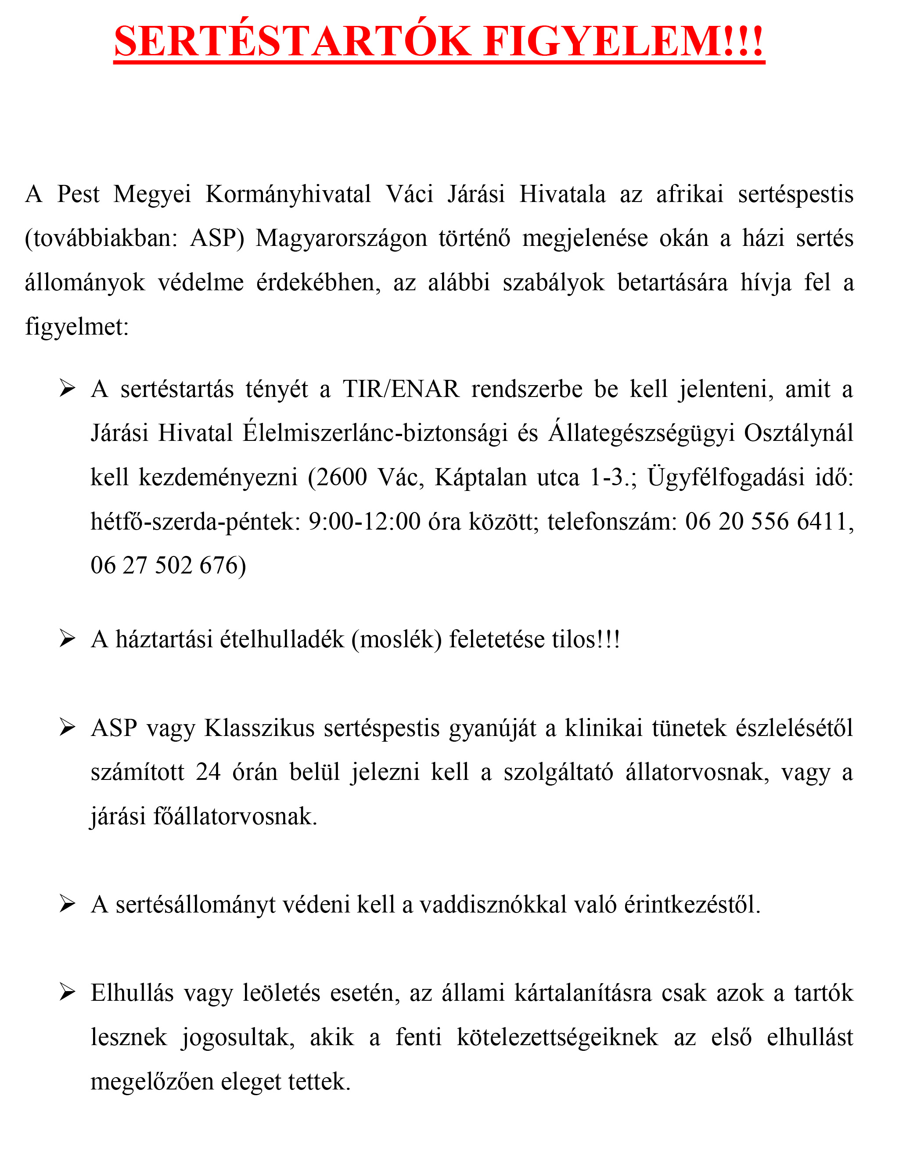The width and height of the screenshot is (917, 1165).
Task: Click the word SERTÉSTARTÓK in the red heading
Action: [x=293, y=42]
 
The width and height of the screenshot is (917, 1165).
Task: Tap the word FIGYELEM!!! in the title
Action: [x=623, y=42]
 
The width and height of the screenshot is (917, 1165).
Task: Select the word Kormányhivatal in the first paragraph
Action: [x=288, y=195]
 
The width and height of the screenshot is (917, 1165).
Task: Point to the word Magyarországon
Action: [x=342, y=238]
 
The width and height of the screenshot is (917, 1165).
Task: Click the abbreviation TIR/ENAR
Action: [x=402, y=390]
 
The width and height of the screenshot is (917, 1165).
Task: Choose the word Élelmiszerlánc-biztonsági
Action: [x=375, y=433]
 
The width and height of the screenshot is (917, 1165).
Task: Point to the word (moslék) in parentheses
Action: [x=396, y=640]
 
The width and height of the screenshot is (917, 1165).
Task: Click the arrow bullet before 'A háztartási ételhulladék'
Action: [x=67, y=639]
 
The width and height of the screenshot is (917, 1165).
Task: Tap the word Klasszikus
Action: [x=259, y=729]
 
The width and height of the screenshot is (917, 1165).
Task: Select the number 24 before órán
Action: [x=209, y=772]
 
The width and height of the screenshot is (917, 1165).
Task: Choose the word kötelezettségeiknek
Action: [x=557, y=1037]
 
